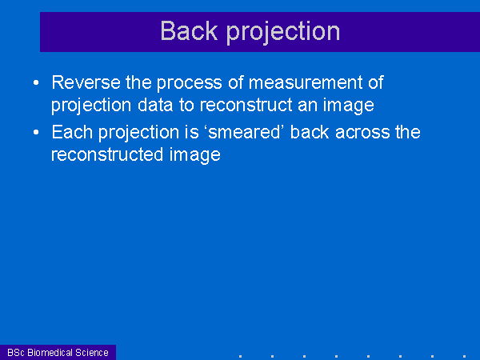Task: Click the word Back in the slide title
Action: tap(189, 31)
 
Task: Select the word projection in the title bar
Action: tap(283, 33)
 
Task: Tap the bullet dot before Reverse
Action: tap(36, 82)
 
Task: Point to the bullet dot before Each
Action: tap(36, 132)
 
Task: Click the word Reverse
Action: tap(86, 82)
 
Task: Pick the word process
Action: tap(190, 83)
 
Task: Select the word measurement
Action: tap(306, 83)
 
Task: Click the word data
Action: tap(155, 106)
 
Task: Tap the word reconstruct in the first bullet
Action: tap(246, 106)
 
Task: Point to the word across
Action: tap(362, 133)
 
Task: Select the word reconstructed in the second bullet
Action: tap(106, 155)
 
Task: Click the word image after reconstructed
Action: tap(194, 155)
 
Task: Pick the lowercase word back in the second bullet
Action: tap(310, 132)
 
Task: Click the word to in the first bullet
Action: tap(186, 106)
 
